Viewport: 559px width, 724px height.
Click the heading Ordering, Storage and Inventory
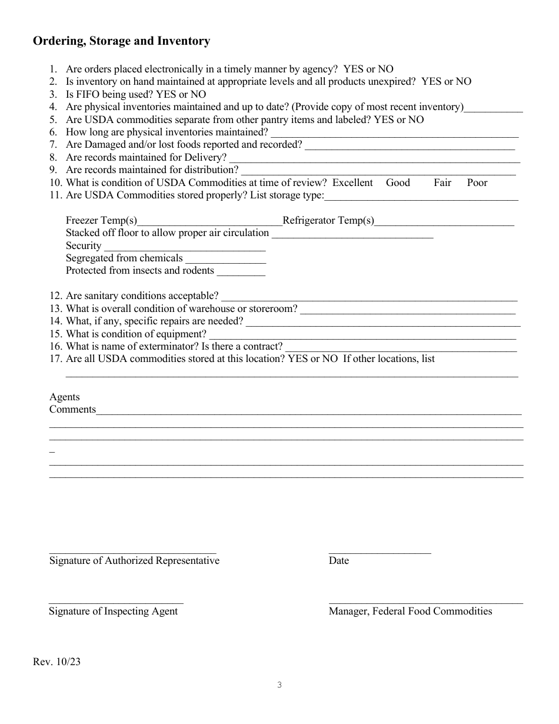121,41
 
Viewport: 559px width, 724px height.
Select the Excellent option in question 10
352,183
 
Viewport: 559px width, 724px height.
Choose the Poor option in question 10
477,183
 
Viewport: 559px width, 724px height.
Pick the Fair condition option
442,183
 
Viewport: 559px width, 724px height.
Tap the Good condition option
398,183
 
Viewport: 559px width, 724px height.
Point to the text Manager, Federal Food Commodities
410,612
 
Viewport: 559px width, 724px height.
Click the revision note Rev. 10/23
57,662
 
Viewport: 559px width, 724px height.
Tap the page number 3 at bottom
279,685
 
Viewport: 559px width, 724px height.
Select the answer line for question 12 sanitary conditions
369,298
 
